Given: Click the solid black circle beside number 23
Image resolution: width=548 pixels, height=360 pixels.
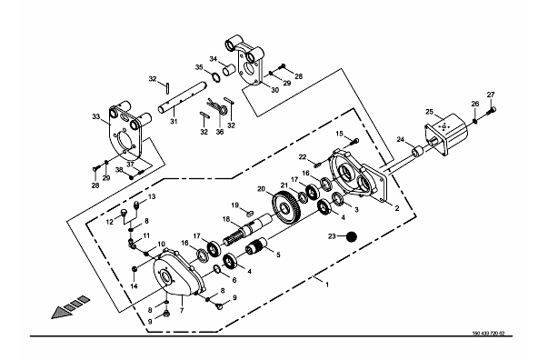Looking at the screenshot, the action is coord(352,236).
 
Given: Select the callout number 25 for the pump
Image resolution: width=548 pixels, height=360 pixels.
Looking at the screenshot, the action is coord(429,112).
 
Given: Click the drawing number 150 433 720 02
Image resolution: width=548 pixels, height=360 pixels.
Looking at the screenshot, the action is coord(488,334).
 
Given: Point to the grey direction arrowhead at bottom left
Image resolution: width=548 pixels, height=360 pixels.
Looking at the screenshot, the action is coord(62,312).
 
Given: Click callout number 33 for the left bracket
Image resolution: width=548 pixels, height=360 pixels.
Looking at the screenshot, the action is coord(96,116).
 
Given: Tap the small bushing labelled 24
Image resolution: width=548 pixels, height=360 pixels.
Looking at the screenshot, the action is coord(417,153).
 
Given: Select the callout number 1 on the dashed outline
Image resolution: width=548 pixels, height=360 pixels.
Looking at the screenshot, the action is coord(327,285).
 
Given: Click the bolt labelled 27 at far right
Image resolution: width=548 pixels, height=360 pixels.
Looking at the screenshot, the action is coord(492,111).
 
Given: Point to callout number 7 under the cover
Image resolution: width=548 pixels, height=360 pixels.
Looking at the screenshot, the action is coord(182,310).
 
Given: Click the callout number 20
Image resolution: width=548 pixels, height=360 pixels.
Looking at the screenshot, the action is coord(262,189).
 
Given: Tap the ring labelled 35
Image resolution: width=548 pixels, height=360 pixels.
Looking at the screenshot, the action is coord(216,77).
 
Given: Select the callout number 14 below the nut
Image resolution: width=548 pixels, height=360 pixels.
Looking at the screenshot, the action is coord(135,286).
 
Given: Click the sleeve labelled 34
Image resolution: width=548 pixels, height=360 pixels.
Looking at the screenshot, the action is coord(229,69).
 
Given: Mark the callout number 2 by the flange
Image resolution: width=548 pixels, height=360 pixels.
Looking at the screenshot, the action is coord(396,208).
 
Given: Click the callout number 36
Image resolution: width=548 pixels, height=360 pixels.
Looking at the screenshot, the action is coord(220,132).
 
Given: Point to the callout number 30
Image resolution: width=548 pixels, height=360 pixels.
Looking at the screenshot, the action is coord(275,90).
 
